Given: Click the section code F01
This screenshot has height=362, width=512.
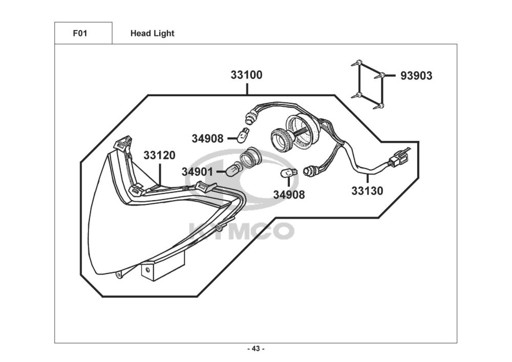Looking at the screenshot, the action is pos(80,33).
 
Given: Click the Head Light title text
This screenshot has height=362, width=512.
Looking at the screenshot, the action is pos(152,33).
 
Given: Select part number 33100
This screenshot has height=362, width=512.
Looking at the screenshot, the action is pos(247,75).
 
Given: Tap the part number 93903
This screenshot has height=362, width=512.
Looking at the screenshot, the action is pos(416,76).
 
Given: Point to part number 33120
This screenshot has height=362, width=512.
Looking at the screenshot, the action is pos(159,155).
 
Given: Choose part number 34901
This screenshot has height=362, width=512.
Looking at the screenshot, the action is pos(197,172).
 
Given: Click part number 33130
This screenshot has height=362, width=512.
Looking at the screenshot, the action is pos(367,190).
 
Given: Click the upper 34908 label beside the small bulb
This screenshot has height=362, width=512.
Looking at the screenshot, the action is pos(207,139).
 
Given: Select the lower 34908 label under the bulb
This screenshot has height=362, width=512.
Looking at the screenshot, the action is pos(289,195).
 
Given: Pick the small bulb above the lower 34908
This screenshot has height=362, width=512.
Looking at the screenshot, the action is pos(289,173).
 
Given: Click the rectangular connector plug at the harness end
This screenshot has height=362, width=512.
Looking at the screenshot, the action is pos(398,159).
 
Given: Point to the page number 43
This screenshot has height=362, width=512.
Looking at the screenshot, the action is pos(256,349).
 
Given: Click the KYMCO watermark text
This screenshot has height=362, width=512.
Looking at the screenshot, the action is pos(242,231).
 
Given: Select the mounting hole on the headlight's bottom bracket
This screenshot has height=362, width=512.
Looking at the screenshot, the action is pos(147,270).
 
